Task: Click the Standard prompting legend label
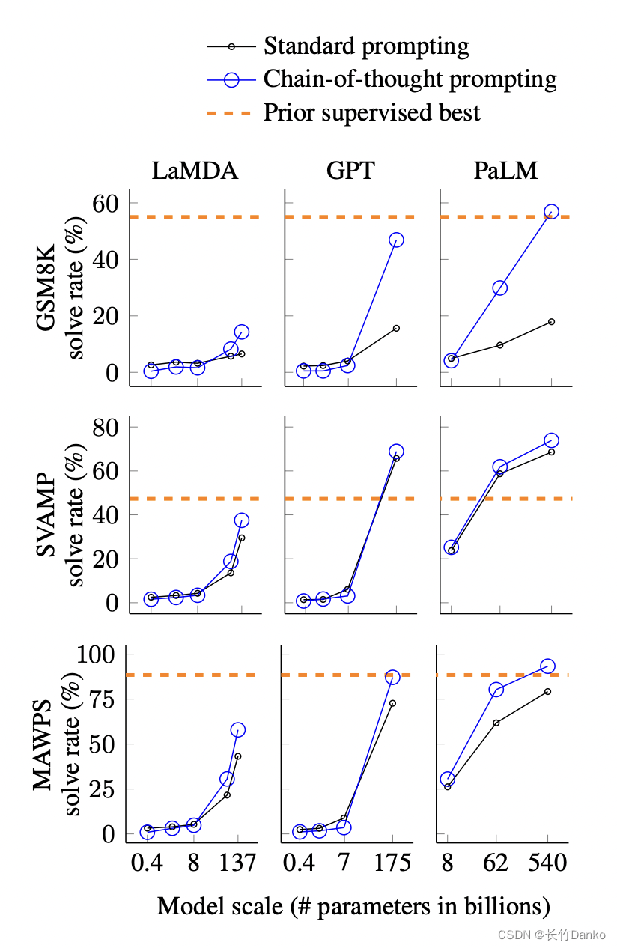(x=366, y=46)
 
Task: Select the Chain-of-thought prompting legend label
(x=410, y=79)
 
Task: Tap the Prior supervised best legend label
(x=371, y=112)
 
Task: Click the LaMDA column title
(x=195, y=171)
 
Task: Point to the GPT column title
(x=350, y=171)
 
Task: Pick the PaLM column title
(x=505, y=171)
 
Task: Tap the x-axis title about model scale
(x=353, y=906)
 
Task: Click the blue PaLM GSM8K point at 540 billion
(x=551, y=212)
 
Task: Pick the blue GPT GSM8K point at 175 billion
(x=396, y=240)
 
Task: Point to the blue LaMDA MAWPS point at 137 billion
(x=238, y=729)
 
